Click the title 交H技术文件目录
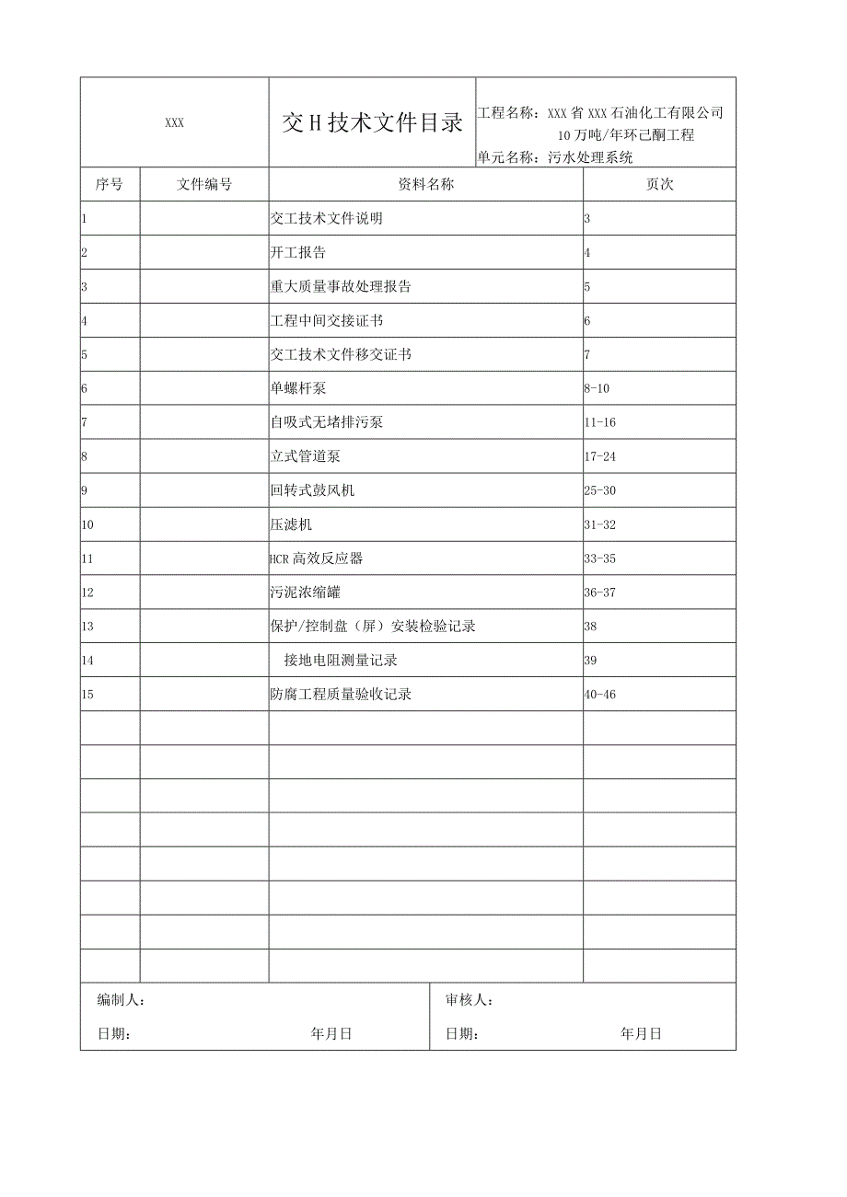[x=372, y=124]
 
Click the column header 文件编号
[x=204, y=184]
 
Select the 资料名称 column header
[x=425, y=184]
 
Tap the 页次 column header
[x=659, y=184]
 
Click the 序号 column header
[x=110, y=184]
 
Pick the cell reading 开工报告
[x=298, y=252]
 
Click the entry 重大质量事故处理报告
[x=341, y=286]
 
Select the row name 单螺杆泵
[x=298, y=388]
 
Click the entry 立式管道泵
[x=306, y=456]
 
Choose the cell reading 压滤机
[x=291, y=524]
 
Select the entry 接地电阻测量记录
[x=341, y=661]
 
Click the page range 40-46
[x=599, y=695]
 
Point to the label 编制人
[x=121, y=1000]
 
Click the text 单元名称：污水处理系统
[x=555, y=157]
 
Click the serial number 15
[x=87, y=695]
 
